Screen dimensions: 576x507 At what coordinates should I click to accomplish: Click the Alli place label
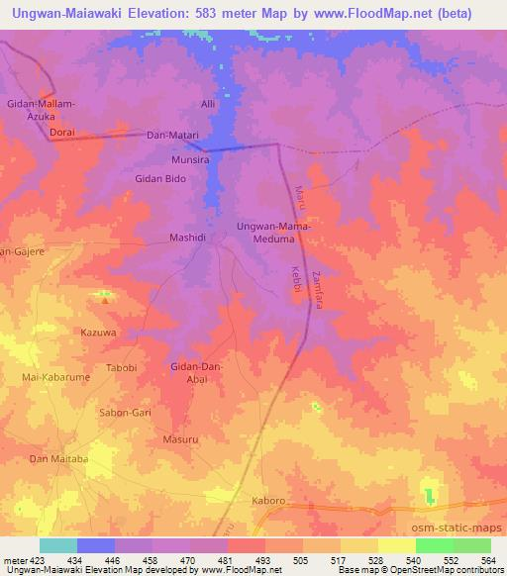coord(208,103)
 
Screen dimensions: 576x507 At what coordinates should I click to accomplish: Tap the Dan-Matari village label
coord(173,135)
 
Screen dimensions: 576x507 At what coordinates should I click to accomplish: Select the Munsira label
coord(190,158)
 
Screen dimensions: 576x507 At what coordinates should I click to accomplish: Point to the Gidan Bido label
coord(160,179)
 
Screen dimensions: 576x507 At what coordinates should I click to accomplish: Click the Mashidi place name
coord(187,239)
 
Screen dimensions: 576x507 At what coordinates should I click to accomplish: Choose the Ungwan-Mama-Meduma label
coord(273,234)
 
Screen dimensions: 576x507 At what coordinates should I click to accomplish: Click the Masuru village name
coord(179,437)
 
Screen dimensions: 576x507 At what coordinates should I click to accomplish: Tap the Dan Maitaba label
coord(58,459)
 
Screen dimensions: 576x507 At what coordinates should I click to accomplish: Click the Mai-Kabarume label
coord(55,378)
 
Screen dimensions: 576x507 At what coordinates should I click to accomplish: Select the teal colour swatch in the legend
coord(58,545)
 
